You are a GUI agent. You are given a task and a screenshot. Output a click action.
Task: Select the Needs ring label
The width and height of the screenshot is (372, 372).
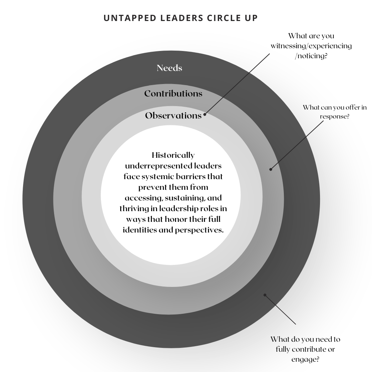169,68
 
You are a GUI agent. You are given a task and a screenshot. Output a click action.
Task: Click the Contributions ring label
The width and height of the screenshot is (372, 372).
173,93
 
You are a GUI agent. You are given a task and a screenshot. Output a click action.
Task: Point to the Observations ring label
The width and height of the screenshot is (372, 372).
173,115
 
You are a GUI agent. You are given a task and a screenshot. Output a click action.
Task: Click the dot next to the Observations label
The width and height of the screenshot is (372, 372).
205,115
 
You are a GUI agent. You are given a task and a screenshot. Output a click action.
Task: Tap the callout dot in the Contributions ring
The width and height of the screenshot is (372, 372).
271,169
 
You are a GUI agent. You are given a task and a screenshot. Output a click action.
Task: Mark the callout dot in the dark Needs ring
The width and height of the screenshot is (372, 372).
265,295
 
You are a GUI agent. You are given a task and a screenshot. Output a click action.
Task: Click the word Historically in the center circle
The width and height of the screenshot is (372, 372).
173,155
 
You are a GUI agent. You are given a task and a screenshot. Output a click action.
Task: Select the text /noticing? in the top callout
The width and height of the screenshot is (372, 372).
311,55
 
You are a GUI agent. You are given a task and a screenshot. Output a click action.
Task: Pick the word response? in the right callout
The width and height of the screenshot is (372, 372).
335,116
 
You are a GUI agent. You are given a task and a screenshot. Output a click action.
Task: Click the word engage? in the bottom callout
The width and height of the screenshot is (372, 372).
305,359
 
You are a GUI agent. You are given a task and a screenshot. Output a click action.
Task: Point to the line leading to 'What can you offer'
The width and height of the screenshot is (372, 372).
298,145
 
